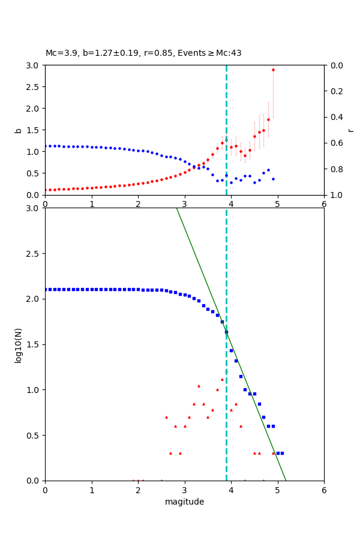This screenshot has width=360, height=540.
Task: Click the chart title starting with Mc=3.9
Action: (143, 53)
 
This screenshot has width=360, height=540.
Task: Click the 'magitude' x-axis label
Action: (184, 502)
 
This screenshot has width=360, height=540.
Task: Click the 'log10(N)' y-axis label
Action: (18, 344)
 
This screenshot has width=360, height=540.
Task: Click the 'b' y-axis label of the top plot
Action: (18, 130)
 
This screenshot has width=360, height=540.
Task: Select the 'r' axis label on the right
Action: (350, 130)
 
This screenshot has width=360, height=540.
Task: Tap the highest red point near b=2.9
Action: (273, 70)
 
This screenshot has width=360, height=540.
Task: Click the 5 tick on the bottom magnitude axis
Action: (277, 489)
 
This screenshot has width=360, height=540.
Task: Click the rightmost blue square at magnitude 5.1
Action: (282, 453)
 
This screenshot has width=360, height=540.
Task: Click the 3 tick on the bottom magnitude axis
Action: (184, 489)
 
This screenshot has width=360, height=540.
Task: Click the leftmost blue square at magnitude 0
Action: (46, 289)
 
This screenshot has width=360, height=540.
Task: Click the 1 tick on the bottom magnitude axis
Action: (91, 489)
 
